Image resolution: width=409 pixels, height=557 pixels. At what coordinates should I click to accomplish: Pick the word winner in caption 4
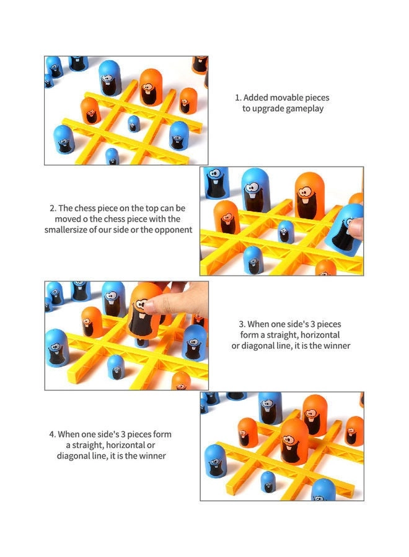click(151, 456)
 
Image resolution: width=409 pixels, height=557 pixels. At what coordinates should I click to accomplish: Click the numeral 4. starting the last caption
click(53, 434)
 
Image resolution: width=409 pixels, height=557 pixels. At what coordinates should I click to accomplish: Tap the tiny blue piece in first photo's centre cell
click(133, 123)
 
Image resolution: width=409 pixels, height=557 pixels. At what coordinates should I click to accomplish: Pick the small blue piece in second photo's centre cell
click(286, 230)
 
